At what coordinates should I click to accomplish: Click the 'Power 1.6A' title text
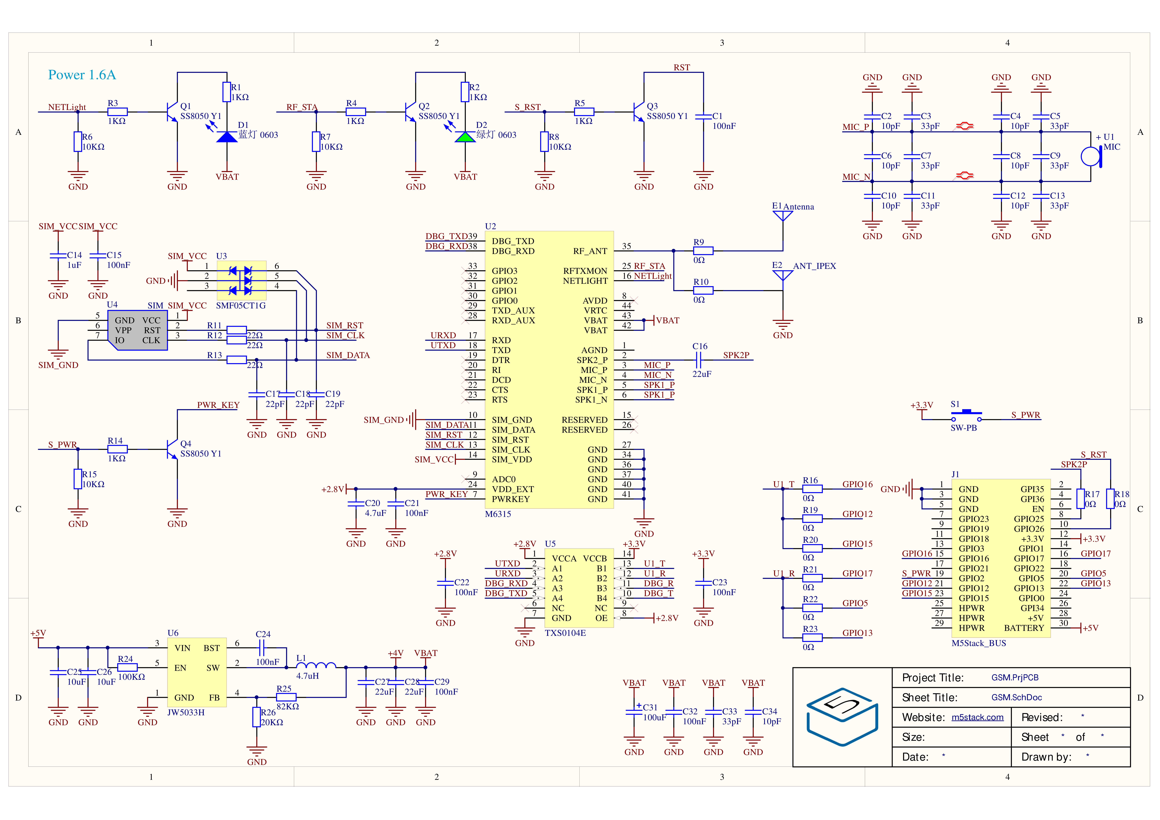point(82,75)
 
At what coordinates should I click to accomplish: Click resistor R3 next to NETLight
point(117,112)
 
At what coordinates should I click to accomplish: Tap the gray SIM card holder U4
point(137,330)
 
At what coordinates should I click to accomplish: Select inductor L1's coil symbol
point(316,665)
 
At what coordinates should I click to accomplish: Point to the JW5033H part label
point(186,712)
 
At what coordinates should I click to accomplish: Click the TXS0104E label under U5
point(565,633)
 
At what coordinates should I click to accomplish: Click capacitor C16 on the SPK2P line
point(699,360)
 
